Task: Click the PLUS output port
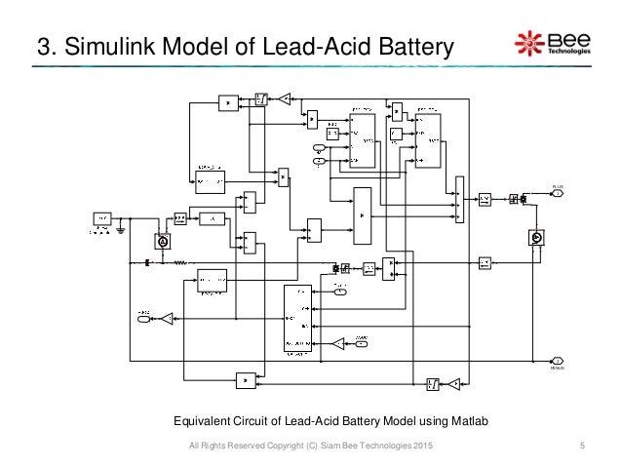[558, 193]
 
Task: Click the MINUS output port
[558, 361]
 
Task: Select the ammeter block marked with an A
[163, 240]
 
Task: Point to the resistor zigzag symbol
[179, 262]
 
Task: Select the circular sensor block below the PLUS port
[534, 237]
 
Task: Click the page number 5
[581, 447]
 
